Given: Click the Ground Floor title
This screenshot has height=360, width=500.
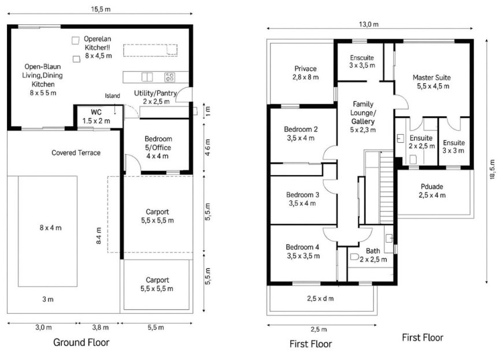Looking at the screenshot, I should point(81,343).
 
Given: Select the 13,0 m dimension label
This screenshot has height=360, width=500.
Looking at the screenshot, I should point(368,24).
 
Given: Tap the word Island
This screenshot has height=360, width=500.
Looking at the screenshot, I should point(112,95).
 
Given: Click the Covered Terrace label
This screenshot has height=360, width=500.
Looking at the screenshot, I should point(76,153).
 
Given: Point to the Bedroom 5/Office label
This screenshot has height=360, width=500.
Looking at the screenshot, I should point(158,147).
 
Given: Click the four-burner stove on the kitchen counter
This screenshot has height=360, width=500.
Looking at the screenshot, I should point(170,76).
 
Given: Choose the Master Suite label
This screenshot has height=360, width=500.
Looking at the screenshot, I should point(431,81).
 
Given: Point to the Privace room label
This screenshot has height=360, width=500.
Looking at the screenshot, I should point(305,72).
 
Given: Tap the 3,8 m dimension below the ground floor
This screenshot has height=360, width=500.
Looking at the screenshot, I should point(99,327).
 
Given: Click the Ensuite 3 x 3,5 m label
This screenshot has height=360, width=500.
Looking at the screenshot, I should point(362,62).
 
